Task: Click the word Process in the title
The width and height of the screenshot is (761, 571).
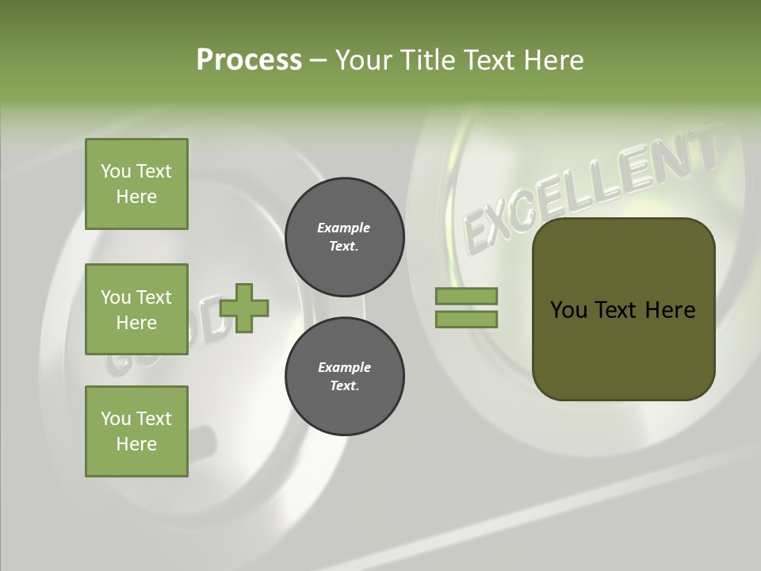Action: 249,60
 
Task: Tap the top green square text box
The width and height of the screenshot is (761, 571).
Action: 136,184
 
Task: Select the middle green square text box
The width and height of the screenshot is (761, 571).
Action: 136,309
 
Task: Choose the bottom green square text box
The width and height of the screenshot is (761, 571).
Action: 136,431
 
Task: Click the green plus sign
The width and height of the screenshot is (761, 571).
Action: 244,308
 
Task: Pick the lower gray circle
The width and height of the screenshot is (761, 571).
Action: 344,377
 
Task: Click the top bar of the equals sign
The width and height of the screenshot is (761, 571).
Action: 466,296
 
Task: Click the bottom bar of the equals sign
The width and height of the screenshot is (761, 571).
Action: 466,320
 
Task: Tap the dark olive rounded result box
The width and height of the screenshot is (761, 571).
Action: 623,349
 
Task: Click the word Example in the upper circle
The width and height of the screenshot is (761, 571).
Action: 343,228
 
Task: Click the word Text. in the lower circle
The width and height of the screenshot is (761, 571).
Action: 344,386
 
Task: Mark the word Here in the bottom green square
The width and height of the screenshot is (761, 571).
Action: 136,444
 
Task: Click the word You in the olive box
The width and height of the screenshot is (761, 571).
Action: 568,310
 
